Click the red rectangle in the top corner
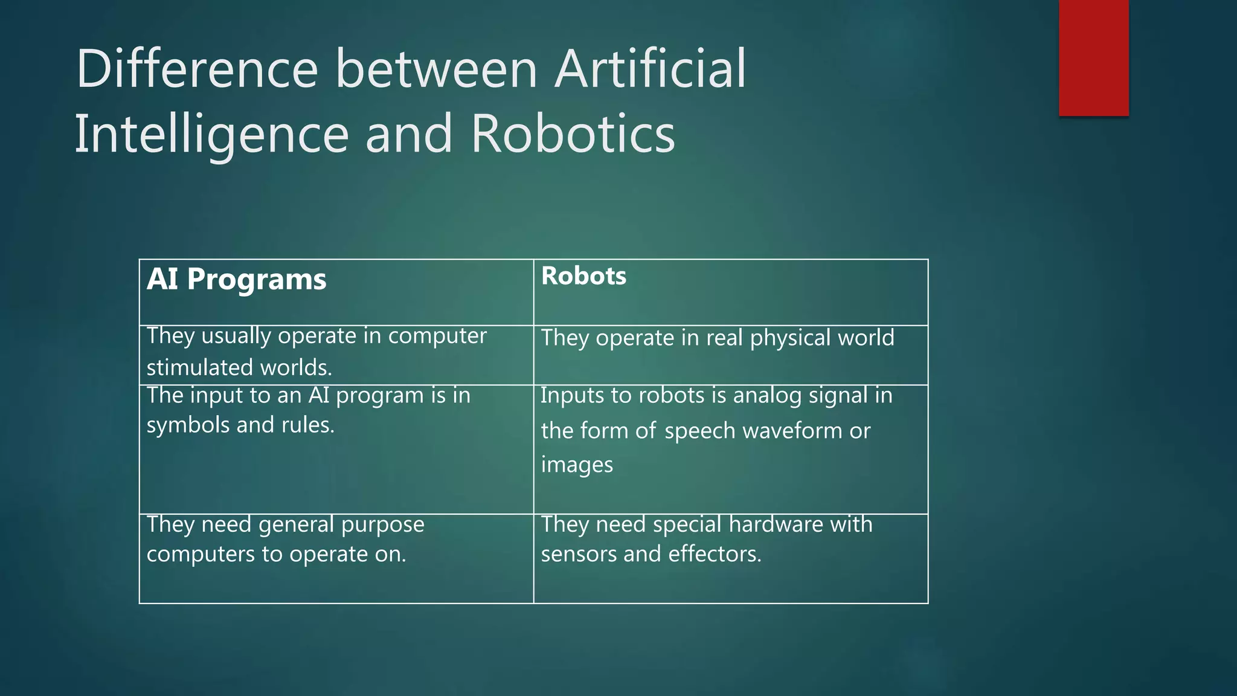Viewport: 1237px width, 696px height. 1093,58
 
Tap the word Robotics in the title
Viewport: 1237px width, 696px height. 573,134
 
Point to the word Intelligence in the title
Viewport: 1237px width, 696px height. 211,135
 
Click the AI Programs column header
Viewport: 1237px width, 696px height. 236,280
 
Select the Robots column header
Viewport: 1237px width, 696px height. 583,276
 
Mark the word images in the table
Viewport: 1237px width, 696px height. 577,465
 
